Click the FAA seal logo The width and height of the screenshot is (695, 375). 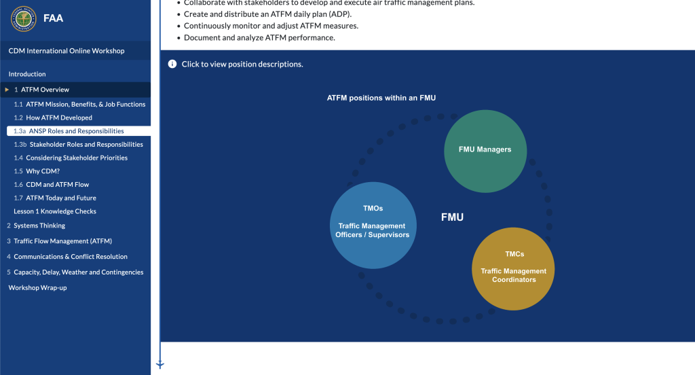tap(23, 18)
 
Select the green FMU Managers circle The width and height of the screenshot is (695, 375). tap(485, 150)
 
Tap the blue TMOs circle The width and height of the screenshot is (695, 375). tap(372, 224)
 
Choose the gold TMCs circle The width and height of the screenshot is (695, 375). tap(514, 268)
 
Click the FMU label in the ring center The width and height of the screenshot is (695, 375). tap(452, 217)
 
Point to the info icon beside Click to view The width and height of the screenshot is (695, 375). tap(172, 64)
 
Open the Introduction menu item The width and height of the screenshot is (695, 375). tap(27, 74)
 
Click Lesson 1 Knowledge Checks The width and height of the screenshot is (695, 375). tap(55, 211)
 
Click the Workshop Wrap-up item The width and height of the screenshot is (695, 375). tap(37, 288)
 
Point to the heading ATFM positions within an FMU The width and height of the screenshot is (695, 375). tap(381, 98)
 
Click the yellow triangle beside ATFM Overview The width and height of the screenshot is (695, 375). tap(7, 90)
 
